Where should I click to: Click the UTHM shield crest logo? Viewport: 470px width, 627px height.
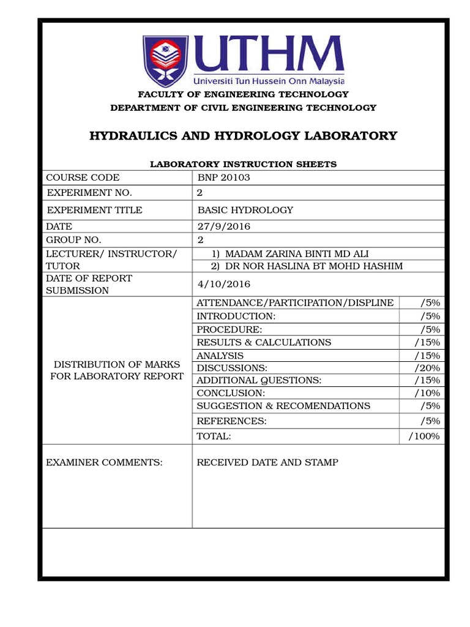165,61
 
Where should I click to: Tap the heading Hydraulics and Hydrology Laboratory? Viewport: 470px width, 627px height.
243,136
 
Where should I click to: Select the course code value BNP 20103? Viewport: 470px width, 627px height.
224,178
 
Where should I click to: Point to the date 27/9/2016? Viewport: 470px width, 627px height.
223,227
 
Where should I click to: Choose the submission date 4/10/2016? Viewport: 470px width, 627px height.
224,284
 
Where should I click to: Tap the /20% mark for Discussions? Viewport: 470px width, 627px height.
427,367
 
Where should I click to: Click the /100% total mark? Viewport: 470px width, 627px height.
423,436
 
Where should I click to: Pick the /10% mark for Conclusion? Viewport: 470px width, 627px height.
427,392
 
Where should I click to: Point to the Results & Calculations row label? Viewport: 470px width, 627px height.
264,342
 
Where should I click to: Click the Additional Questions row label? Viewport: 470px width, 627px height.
259,380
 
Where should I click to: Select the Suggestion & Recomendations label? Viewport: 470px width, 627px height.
283,405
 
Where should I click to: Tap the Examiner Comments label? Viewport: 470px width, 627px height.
105,462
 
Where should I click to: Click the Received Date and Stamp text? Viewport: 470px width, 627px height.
267,462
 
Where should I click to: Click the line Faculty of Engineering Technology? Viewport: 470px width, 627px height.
243,94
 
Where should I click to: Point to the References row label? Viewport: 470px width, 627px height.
232,421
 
